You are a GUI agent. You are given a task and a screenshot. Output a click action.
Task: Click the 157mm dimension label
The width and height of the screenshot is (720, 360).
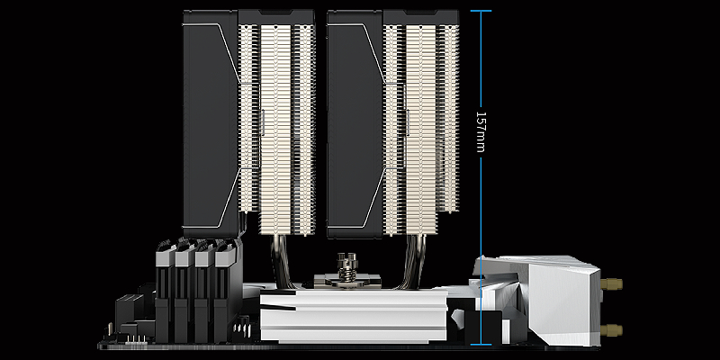tap(481, 131)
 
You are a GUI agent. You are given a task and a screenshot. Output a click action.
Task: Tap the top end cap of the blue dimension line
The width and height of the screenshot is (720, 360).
tap(481, 11)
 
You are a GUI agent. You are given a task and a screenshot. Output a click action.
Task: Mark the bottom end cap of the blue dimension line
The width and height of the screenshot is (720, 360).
tap(481, 345)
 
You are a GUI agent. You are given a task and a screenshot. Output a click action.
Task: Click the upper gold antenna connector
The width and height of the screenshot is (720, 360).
tap(611, 284)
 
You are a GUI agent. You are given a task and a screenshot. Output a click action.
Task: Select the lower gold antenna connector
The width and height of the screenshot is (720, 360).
tap(611, 329)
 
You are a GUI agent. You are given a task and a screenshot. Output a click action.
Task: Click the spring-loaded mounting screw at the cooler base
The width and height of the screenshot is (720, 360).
tap(347, 267)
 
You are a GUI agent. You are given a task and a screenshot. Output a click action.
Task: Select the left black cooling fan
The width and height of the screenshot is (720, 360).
tap(211, 124)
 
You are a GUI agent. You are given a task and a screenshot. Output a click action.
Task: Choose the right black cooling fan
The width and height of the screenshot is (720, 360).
tap(355, 124)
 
